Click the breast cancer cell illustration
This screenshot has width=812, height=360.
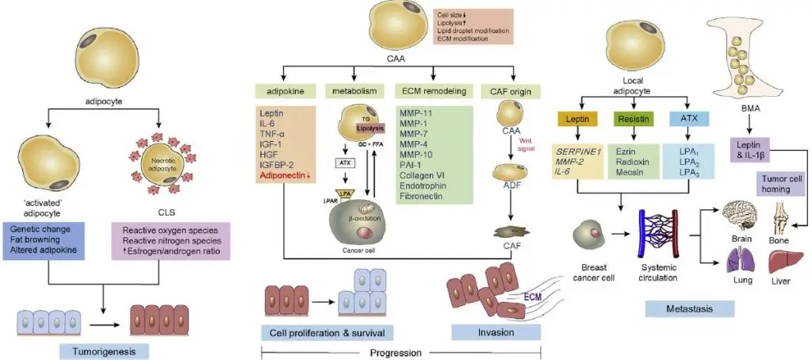pos(592,232)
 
